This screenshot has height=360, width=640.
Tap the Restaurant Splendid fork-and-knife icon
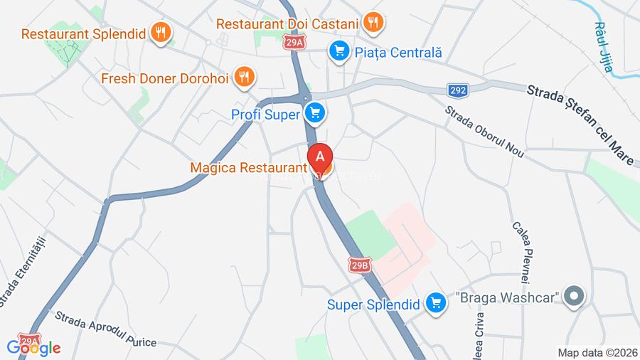[162, 31]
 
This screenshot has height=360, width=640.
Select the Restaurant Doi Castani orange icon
[373, 22]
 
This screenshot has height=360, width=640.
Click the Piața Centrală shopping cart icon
[338, 51]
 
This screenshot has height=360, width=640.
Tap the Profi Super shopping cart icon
[315, 112]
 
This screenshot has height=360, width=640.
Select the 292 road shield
[459, 90]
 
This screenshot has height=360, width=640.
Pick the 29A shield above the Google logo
[28, 340]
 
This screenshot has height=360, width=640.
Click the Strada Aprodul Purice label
[105, 329]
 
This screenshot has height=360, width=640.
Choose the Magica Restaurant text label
[248, 168]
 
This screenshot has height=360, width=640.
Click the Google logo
[33, 349]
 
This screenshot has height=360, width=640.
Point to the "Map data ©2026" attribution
[597, 351]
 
